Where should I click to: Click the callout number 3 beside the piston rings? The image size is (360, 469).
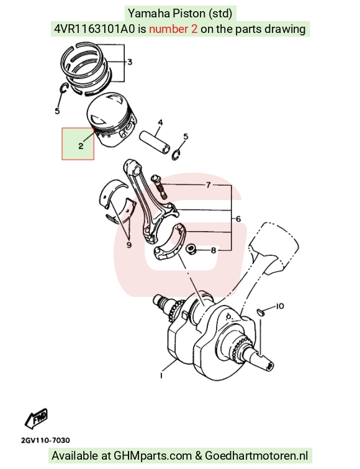(x=130, y=62)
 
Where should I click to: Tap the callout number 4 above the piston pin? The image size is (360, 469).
(x=160, y=122)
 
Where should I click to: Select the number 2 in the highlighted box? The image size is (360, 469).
(x=81, y=146)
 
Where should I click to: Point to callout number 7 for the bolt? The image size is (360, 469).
(x=208, y=184)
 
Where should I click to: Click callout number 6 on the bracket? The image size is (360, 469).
(x=238, y=219)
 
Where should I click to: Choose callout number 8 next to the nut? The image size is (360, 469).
(x=214, y=250)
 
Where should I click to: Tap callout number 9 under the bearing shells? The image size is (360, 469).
(x=129, y=245)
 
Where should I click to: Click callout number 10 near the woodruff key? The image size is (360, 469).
(x=280, y=306)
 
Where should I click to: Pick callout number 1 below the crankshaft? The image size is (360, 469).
(x=161, y=375)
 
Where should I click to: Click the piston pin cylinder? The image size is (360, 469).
(x=155, y=142)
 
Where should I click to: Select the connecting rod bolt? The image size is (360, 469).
(x=159, y=186)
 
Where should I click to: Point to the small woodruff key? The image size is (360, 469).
(x=261, y=312)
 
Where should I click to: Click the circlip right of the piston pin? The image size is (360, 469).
(x=176, y=155)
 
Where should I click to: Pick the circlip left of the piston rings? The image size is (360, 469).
(x=64, y=89)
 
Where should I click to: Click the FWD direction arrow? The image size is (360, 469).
(x=36, y=418)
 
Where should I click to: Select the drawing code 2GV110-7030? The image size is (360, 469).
(x=45, y=440)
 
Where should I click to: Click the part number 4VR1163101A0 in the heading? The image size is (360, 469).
(x=94, y=29)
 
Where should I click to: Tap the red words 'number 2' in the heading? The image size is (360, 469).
(x=173, y=29)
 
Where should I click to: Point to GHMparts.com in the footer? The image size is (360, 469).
(x=152, y=456)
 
